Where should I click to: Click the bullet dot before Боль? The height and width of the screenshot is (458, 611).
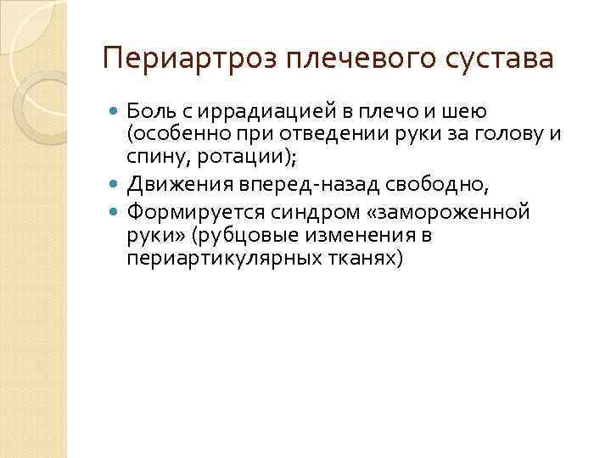[115, 110]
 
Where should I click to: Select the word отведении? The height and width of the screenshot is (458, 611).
[328, 133]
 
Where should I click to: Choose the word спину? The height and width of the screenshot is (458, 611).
[149, 155]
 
